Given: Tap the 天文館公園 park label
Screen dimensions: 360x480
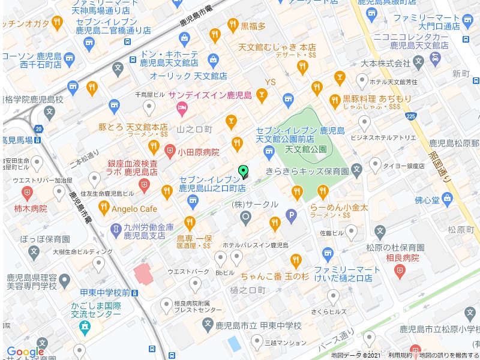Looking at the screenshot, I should [x=305, y=149].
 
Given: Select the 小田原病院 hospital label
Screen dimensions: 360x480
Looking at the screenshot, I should [x=199, y=152].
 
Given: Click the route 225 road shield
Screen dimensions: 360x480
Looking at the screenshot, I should [x=410, y=116].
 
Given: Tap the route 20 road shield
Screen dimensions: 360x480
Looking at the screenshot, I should [x=39, y=128].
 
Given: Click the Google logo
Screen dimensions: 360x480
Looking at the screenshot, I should [x=25, y=352].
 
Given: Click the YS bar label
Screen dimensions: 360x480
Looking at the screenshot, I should [x=271, y=82].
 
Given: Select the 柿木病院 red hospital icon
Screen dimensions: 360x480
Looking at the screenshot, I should [x=27, y=193].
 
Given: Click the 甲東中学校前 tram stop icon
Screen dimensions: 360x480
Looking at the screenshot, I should [x=136, y=293].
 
